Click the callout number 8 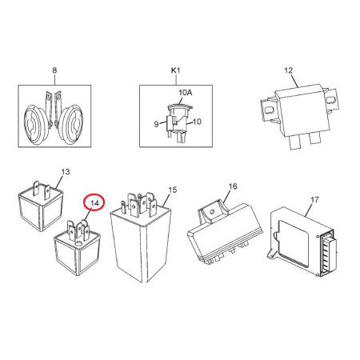tap(54, 70)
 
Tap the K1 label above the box tap(175, 70)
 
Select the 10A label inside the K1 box tap(186, 93)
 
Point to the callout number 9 tap(156, 124)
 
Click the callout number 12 tap(289, 70)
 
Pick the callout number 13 tap(66, 172)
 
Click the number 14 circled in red tap(94, 203)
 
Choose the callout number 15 tap(173, 190)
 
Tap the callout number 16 tap(233, 186)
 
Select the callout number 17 tap(314, 199)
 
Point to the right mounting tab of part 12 tap(331, 100)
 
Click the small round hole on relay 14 tap(78, 243)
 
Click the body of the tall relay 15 tap(142, 246)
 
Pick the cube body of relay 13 tap(41, 210)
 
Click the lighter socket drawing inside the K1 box tap(178, 122)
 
